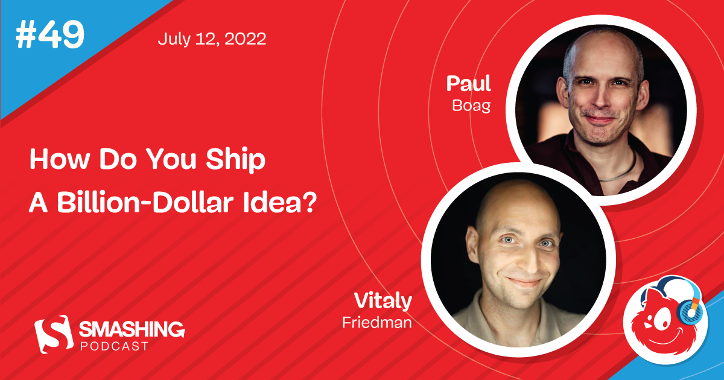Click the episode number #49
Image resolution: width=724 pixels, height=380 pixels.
pyautogui.click(x=50, y=37)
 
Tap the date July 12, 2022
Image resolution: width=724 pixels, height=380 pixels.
pyautogui.click(x=212, y=40)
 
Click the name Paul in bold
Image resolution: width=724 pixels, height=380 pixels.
pyautogui.click(x=469, y=84)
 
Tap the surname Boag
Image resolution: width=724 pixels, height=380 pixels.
pyautogui.click(x=471, y=106)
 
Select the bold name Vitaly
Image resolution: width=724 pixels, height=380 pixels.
pyautogui.click(x=383, y=301)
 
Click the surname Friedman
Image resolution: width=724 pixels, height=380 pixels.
pyautogui.click(x=377, y=322)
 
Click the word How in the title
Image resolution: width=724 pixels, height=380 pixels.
pyautogui.click(x=52, y=162)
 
